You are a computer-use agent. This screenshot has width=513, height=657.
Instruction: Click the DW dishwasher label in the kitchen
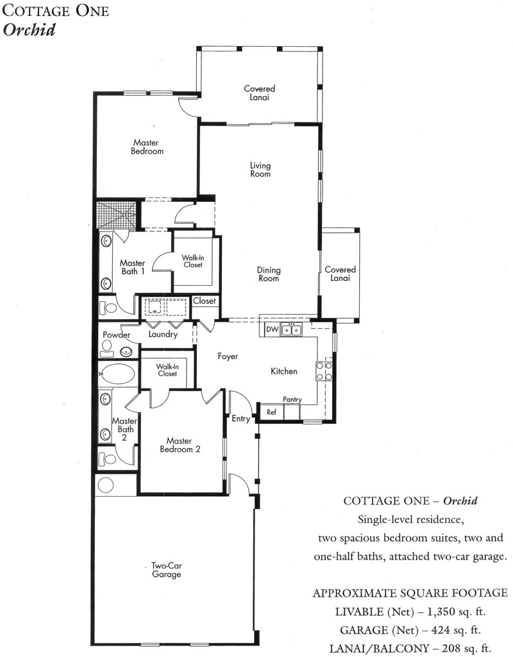point(272,329)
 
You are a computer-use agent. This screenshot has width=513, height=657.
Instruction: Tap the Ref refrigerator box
point(272,412)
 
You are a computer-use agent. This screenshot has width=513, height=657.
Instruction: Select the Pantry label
point(292,400)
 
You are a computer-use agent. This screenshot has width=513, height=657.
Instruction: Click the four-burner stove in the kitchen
point(324,371)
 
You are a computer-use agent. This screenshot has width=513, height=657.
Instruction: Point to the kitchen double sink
point(291,329)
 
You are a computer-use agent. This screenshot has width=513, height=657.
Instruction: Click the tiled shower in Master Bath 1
point(117,215)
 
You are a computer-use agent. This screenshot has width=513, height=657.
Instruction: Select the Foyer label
point(228,356)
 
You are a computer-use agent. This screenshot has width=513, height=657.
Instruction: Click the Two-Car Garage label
point(166,570)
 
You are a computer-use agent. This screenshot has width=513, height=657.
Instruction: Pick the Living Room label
point(260,170)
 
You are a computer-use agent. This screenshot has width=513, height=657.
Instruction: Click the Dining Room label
point(269,274)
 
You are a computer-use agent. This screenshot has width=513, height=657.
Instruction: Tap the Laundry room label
point(163,335)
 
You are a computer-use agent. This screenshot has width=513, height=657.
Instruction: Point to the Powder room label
point(117,335)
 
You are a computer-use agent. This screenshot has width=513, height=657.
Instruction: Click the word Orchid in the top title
point(29,30)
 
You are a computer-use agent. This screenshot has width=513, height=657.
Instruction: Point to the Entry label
point(241,419)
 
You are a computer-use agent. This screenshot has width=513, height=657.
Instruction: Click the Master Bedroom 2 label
point(180,445)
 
